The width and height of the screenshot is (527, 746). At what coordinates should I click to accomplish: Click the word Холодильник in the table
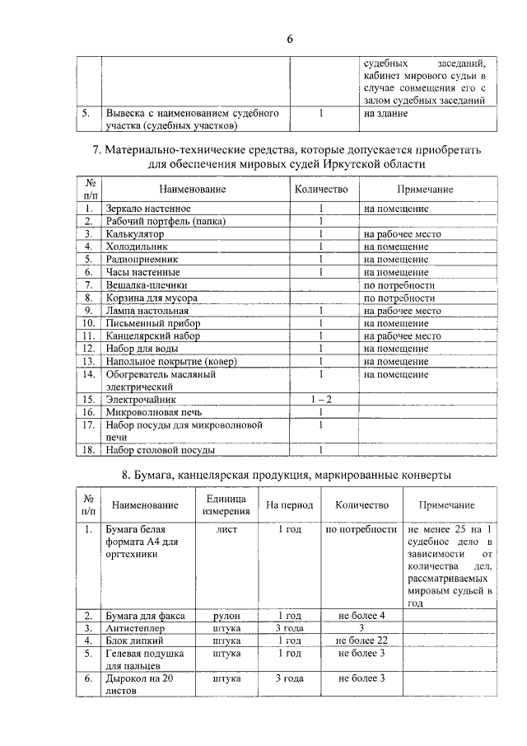point(137,246)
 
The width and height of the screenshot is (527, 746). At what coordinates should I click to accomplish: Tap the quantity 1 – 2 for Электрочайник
point(321,399)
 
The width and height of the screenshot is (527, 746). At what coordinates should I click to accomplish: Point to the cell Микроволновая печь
point(154,411)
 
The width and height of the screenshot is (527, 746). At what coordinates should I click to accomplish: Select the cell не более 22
point(361,640)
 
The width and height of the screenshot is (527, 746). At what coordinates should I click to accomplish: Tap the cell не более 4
point(361,616)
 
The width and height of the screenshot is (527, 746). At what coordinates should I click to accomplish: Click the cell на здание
point(385,113)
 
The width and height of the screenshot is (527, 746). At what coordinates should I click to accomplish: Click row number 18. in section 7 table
point(88,450)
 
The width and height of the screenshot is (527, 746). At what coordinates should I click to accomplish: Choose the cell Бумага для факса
point(145,616)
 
